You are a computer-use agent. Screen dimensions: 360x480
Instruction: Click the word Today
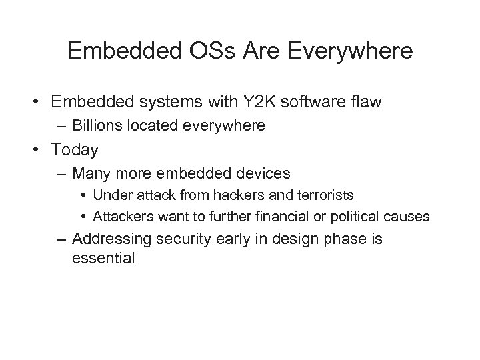tap(74, 151)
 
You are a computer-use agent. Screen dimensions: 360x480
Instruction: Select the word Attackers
tap(123, 217)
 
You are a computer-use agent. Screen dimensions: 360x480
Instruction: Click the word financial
tap(289, 217)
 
